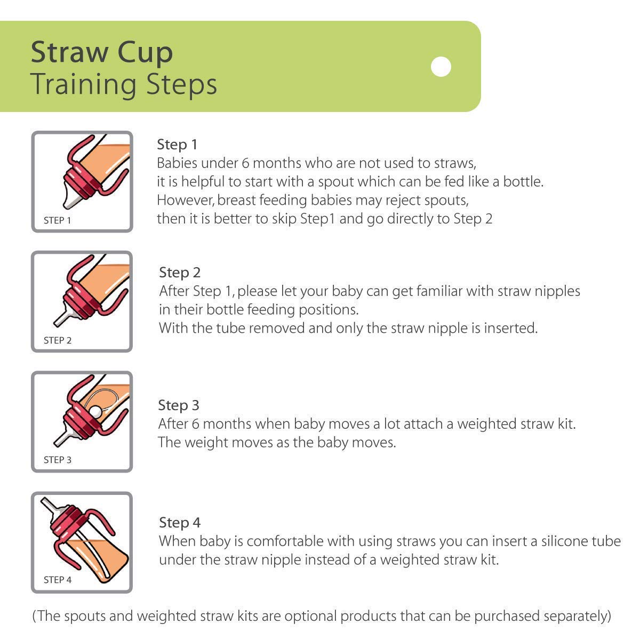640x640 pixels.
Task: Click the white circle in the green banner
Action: [x=441, y=67]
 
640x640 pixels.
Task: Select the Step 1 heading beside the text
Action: [x=177, y=145]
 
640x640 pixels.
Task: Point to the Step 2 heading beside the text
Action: [x=180, y=273]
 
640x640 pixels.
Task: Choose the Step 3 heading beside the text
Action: [x=179, y=405]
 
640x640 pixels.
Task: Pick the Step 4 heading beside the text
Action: [x=180, y=523]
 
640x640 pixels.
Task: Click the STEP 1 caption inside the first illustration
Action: [x=57, y=220]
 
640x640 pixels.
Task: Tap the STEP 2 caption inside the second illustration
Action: [x=58, y=340]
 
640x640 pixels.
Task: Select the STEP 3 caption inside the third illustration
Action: [x=58, y=460]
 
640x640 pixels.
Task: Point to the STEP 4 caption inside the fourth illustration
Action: [x=58, y=580]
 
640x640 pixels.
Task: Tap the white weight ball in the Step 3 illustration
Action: [x=95, y=412]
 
